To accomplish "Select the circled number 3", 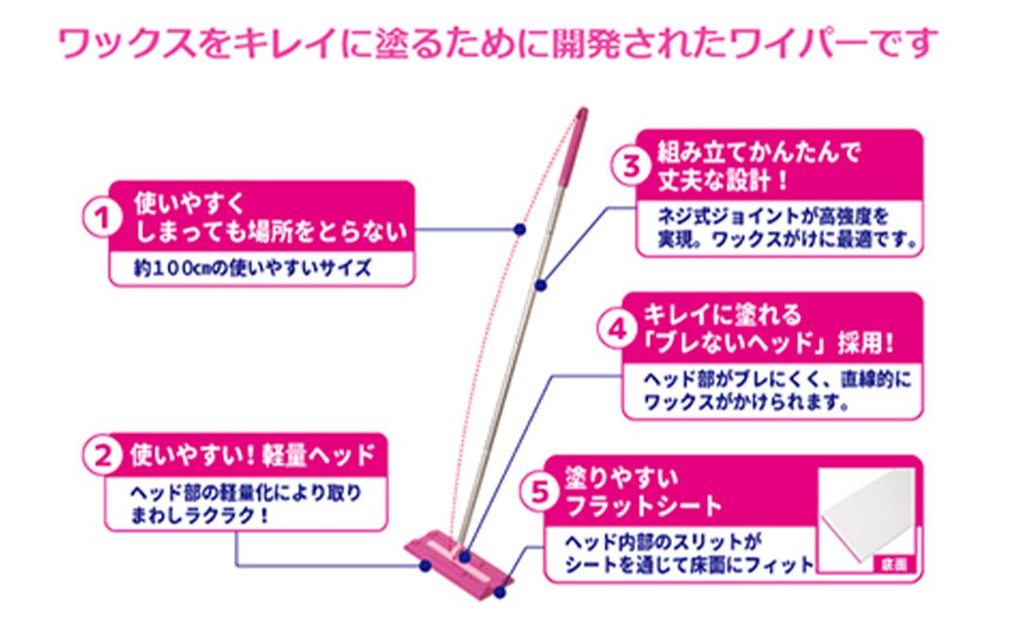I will (x=630, y=164).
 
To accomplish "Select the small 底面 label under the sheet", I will (x=892, y=564).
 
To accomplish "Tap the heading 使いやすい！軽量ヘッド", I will (x=252, y=452).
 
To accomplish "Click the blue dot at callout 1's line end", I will (x=519, y=229).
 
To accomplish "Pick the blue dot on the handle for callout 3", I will (x=541, y=284).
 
